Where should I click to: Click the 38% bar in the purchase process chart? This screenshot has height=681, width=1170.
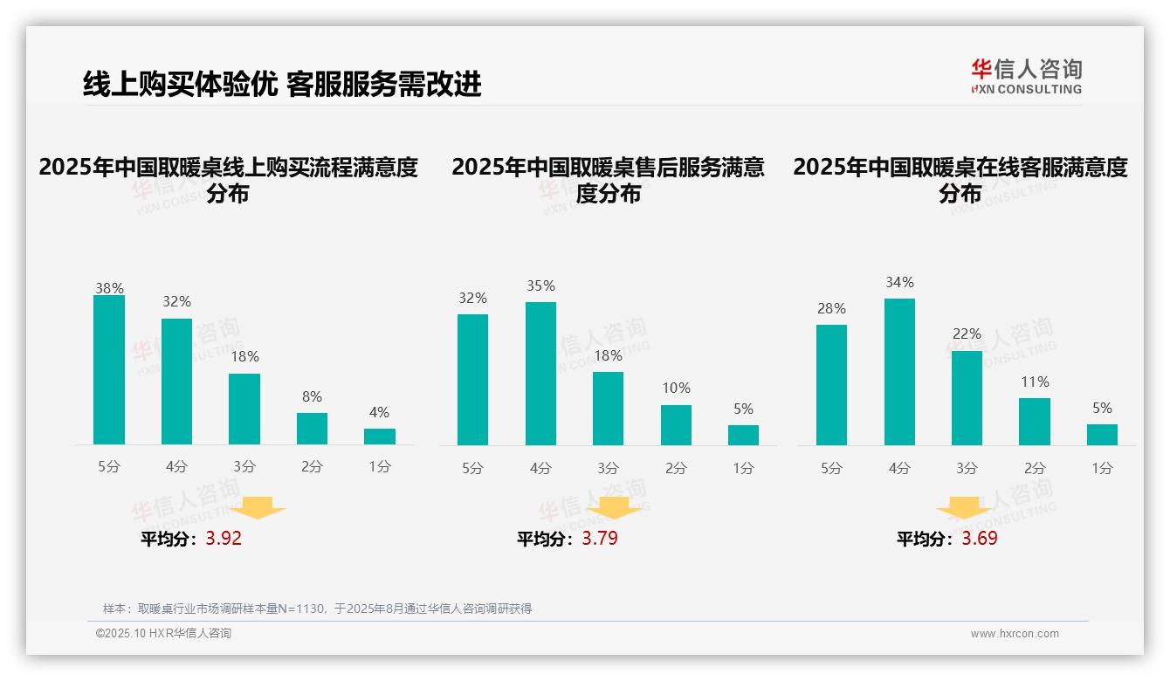coord(109,370)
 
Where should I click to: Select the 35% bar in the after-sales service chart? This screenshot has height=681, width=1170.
coord(540,374)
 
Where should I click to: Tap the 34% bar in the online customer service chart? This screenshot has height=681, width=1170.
coord(899,372)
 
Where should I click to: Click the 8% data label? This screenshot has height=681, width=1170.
coord(312,396)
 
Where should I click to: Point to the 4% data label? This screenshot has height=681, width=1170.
coord(379,412)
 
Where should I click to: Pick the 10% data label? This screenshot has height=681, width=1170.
coord(676,388)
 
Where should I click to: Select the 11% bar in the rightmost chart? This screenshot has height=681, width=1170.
coord(1035,422)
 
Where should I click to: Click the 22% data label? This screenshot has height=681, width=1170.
coord(967,334)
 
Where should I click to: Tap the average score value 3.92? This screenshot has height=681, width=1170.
coord(224,539)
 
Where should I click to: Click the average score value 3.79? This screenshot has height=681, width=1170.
coord(600,539)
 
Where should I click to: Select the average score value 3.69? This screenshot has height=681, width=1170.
coord(980,539)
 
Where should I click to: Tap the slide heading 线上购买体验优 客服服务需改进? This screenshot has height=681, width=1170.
coord(282,85)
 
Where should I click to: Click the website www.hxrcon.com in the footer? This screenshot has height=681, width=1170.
coord(1015,634)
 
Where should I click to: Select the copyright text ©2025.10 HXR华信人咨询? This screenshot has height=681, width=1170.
coord(163,634)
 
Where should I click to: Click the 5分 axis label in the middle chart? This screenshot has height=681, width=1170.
coord(472,468)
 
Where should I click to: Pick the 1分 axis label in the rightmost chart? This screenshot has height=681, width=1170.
coord(1102,468)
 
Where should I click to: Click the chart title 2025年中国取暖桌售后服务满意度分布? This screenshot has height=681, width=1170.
coord(609,180)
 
